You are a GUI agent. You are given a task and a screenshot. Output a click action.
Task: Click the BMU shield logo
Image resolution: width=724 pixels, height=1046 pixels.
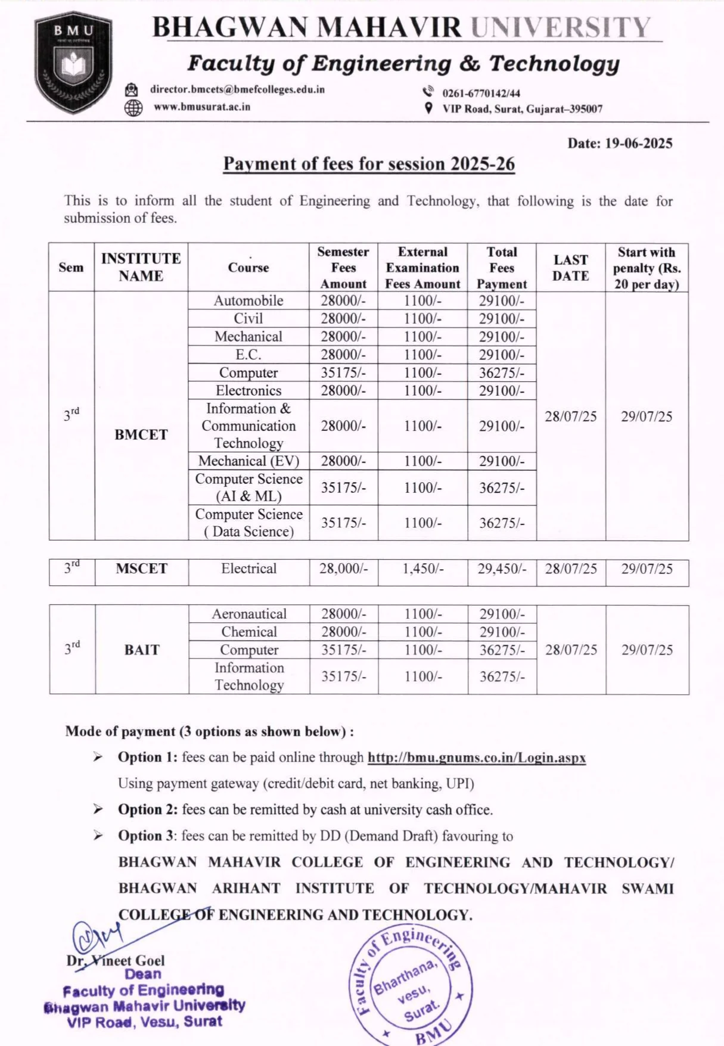pos(73,63)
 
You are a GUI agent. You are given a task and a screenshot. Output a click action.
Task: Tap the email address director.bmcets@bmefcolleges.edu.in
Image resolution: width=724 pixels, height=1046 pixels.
pos(237,89)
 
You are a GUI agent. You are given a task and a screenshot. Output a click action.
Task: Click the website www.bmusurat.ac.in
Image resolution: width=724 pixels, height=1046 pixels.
pos(202,107)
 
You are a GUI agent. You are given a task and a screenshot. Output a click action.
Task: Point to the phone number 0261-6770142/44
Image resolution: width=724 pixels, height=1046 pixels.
pos(481,93)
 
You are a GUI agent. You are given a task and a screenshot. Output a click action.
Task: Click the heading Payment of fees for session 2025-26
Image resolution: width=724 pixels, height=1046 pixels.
pos(369,164)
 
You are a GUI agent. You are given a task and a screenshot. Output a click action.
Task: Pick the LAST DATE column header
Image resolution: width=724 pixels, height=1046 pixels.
pos(570,268)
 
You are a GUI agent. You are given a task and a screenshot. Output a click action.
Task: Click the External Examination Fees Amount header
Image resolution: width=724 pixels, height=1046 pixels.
pos(422,268)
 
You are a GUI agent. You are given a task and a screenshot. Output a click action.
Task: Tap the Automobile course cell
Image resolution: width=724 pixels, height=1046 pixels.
pos(248,300)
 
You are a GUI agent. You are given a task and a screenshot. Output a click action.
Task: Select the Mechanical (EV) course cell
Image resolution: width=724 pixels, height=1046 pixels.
pos(248,461)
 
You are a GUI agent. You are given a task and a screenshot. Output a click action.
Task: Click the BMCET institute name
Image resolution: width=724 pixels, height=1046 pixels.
pos(141,434)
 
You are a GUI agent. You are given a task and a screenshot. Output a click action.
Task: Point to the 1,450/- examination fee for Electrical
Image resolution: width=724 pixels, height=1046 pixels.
pos(422,569)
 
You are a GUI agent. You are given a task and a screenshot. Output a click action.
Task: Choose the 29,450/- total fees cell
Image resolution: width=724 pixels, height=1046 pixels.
pos(502,569)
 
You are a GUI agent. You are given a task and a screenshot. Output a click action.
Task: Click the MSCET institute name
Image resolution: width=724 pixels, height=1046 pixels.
pos(141,569)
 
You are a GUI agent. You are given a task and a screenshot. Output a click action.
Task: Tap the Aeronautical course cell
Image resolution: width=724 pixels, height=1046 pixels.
pos(249,614)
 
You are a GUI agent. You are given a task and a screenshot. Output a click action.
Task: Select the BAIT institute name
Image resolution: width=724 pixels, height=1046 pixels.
pos(142,650)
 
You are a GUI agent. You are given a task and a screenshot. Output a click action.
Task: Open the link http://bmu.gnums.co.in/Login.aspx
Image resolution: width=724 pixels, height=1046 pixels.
pos(477,758)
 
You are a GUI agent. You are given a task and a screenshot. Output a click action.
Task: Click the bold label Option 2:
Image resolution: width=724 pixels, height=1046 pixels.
pos(148,809)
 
